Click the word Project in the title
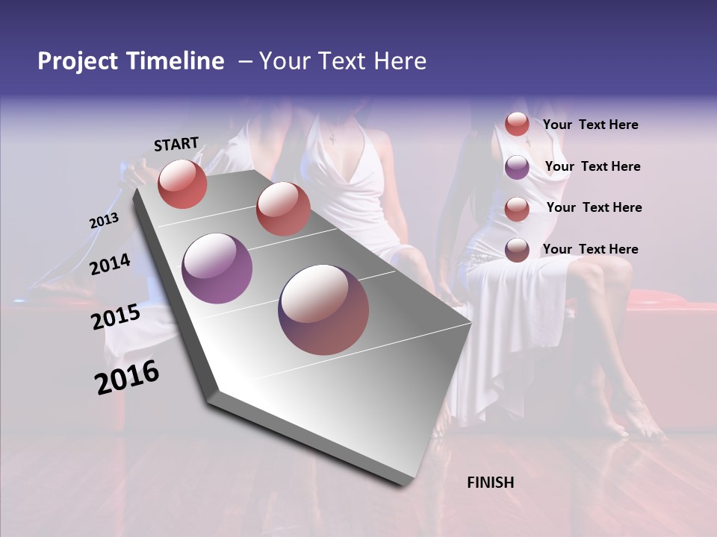(78, 61)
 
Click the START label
(176, 144)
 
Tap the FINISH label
(491, 483)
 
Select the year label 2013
(104, 221)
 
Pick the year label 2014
(110, 264)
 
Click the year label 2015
(115, 317)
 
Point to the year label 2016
(127, 377)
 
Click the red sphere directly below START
(182, 183)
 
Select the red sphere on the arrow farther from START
(283, 209)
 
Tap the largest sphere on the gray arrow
(323, 310)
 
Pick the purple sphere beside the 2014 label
(217, 268)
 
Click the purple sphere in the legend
(517, 167)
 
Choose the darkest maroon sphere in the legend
(517, 250)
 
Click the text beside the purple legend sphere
(592, 166)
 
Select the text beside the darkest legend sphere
(590, 249)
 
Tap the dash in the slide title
(245, 61)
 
